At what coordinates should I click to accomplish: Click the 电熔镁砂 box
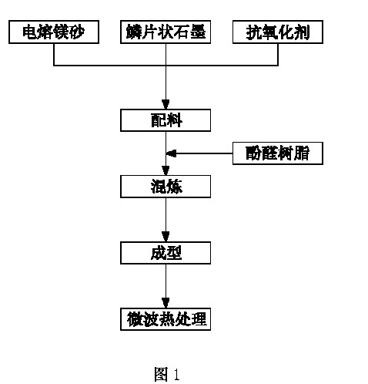point(54,32)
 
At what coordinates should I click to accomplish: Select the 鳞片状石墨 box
point(166,32)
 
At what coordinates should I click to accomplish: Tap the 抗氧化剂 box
point(278,32)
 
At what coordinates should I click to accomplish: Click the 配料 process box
point(166,120)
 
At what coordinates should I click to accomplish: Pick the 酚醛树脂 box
point(278,153)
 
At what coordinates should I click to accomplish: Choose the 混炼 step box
point(166,187)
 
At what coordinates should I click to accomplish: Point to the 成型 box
point(166,253)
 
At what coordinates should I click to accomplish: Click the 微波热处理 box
point(166,319)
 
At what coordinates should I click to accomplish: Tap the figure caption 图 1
point(167,374)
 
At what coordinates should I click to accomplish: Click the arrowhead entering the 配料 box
point(166,104)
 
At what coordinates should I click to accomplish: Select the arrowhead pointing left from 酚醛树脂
point(171,153)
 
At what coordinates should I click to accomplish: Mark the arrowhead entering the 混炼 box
point(166,170)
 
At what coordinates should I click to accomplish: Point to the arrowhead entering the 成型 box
point(166,237)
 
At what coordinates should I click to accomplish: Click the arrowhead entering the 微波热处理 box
point(166,303)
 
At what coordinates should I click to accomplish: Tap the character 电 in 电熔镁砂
point(30,32)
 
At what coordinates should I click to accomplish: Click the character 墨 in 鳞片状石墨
point(198,32)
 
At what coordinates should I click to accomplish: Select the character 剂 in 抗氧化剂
point(302,32)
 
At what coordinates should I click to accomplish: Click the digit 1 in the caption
point(176,374)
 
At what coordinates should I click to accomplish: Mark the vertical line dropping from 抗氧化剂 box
point(278,55)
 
